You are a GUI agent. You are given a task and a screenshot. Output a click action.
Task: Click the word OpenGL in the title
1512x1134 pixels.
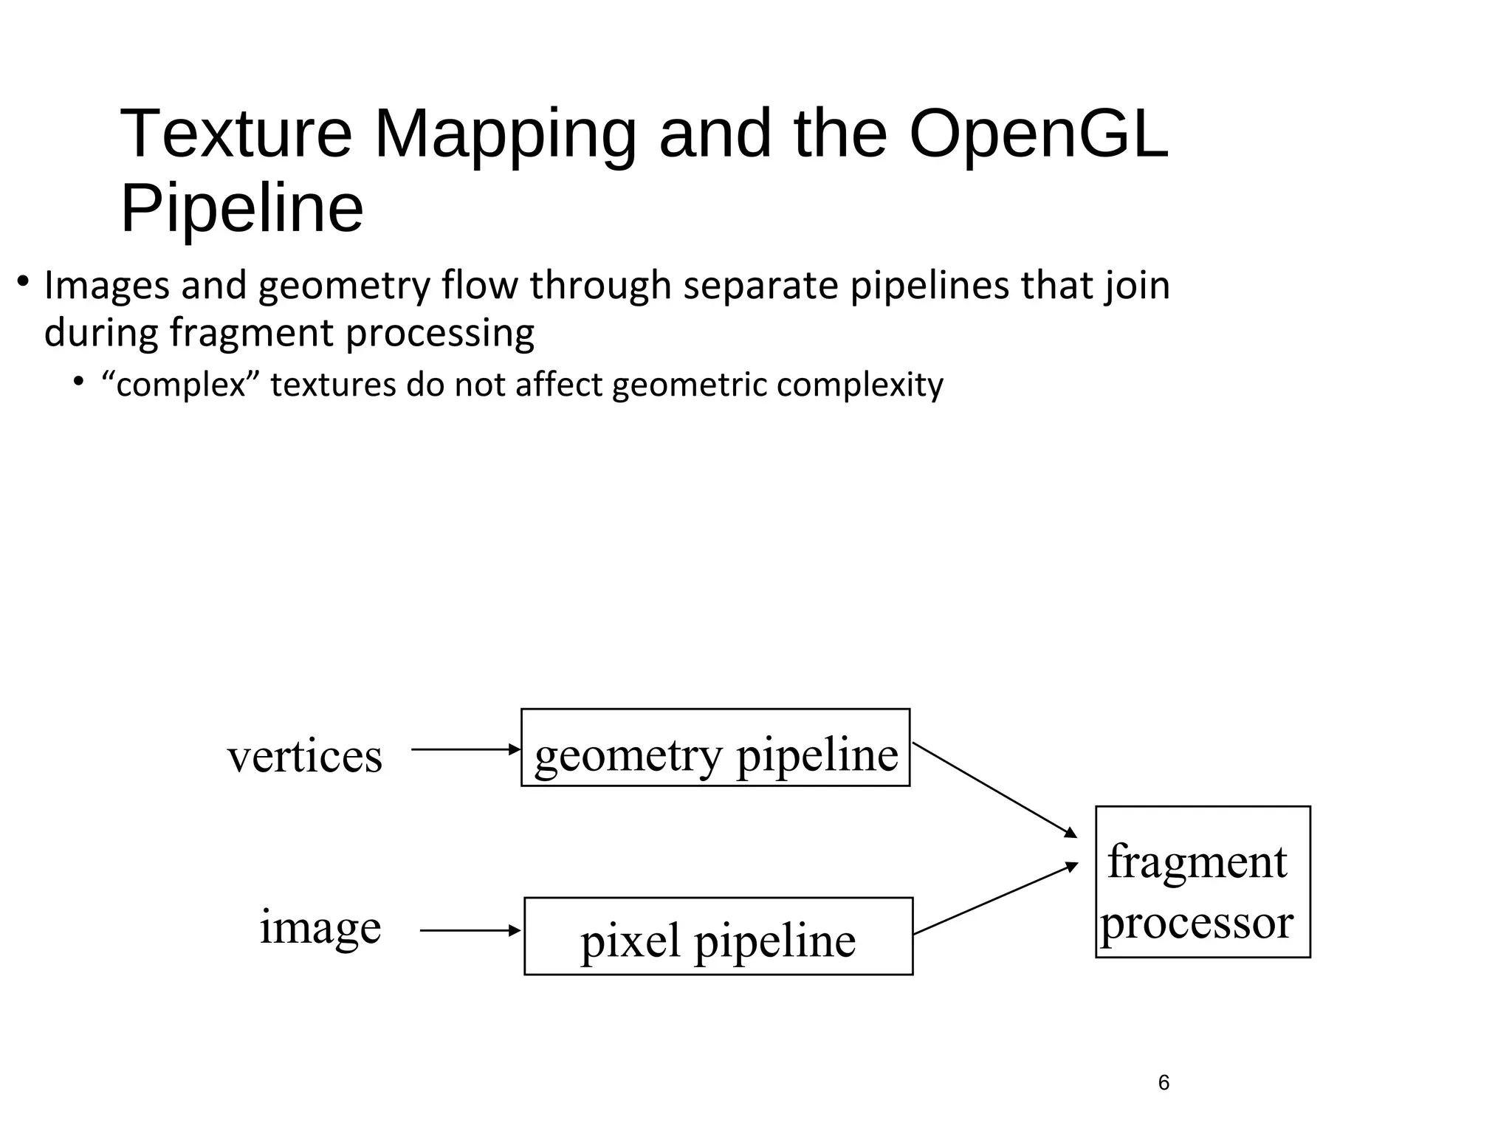click(x=1038, y=134)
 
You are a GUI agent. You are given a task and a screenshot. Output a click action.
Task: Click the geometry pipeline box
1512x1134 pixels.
click(x=715, y=747)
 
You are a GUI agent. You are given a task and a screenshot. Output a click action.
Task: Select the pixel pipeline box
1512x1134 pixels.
click(x=718, y=936)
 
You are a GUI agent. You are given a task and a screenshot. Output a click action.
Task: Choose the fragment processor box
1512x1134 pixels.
click(x=1202, y=882)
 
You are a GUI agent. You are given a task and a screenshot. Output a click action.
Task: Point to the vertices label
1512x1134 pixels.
click(x=305, y=756)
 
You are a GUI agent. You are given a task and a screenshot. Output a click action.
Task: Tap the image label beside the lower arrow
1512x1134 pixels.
click(x=320, y=927)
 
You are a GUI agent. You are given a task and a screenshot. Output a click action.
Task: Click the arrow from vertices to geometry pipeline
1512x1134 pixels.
click(x=465, y=749)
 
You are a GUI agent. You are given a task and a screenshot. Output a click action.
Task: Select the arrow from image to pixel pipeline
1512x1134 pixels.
click(x=470, y=931)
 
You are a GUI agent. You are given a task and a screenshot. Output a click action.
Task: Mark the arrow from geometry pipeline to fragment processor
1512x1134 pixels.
click(x=994, y=790)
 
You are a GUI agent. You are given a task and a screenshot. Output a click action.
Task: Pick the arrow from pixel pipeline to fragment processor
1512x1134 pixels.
click(x=994, y=899)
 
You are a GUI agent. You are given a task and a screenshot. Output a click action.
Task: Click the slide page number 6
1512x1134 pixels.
click(x=1164, y=1082)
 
